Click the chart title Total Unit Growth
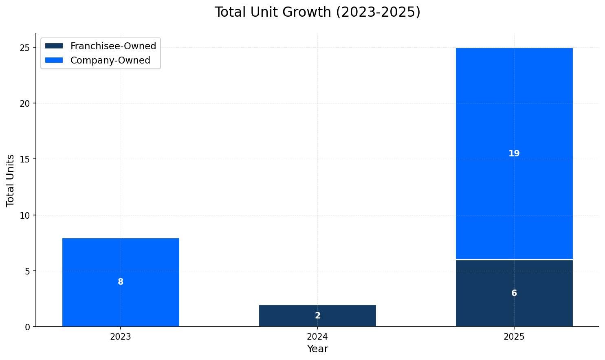point(317,12)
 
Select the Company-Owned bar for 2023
point(121,261)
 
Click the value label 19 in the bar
point(514,154)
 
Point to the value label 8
point(121,282)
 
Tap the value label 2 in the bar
point(318,316)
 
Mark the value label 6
point(514,293)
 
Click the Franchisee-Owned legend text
point(113,46)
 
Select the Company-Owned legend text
point(110,60)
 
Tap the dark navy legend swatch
point(54,46)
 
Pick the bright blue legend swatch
point(54,60)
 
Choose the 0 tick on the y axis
point(28,327)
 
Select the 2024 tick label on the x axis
point(317,337)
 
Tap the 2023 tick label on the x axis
point(121,337)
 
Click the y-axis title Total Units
point(11,180)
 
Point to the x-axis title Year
point(317,349)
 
